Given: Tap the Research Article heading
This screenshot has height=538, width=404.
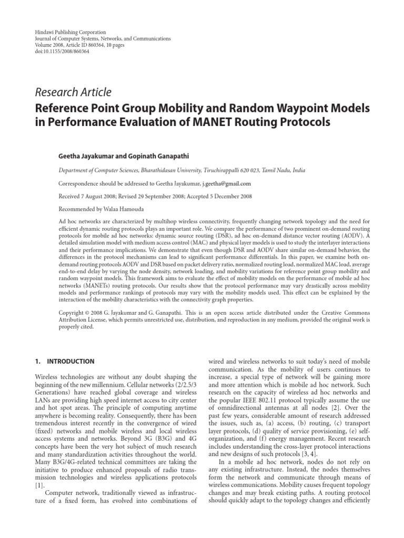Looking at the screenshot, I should click(73, 92).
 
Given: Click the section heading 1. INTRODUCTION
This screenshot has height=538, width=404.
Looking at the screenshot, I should click(64, 361).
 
